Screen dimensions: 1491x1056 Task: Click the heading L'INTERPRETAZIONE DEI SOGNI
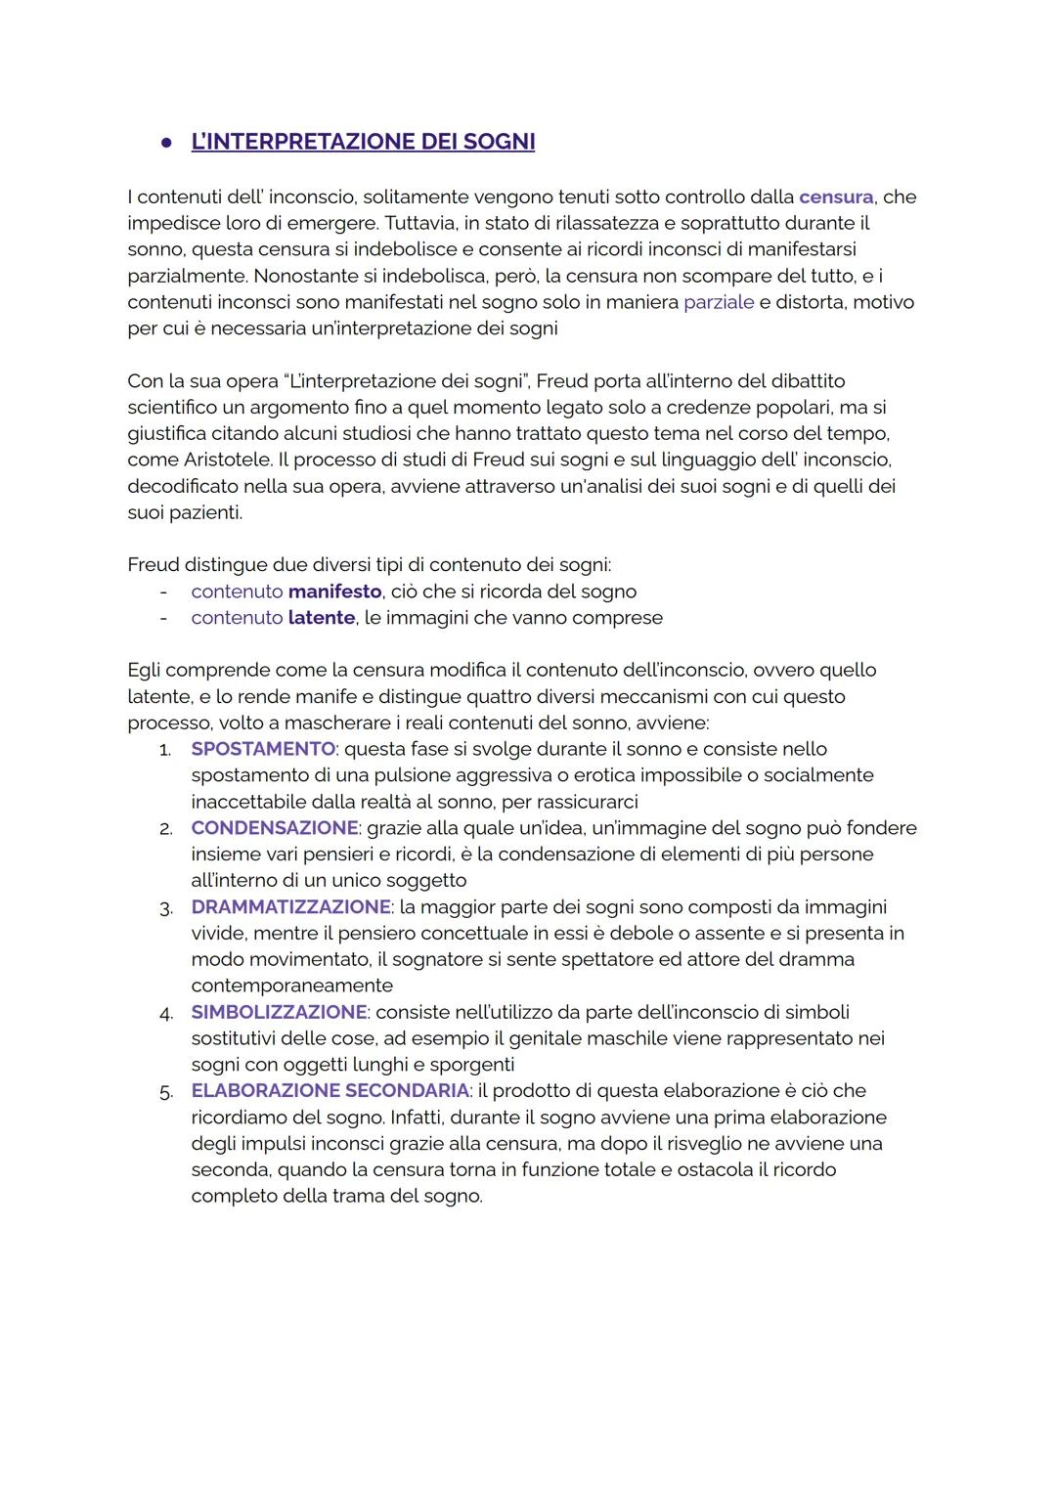tap(363, 142)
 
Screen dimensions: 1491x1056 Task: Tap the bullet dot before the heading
tap(167, 143)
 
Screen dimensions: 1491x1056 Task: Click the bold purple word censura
tap(836, 197)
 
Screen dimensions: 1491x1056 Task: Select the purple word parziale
tap(719, 302)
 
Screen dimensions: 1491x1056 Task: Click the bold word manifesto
tap(334, 592)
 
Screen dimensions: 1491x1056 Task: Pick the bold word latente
tap(321, 618)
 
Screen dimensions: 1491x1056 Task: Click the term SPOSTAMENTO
tap(263, 749)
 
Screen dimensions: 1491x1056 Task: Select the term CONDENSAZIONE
tap(275, 828)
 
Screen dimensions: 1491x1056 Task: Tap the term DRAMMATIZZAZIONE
tap(290, 907)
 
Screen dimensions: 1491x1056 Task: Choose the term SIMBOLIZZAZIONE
tap(279, 1012)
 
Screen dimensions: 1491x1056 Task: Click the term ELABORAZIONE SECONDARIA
tap(330, 1091)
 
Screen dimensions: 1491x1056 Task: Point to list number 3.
tap(165, 908)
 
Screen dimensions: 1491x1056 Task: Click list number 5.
tap(165, 1092)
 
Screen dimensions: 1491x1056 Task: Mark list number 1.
tap(165, 750)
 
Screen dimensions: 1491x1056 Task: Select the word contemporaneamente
tap(291, 986)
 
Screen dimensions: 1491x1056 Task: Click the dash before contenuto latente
tap(164, 618)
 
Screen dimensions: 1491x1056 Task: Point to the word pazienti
tap(204, 512)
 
